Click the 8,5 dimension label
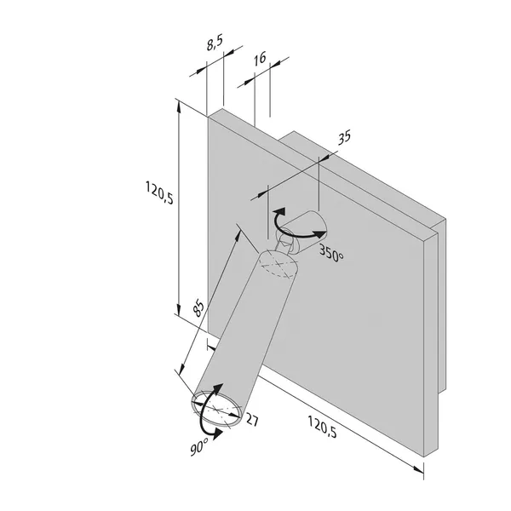[x=215, y=43]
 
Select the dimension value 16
[x=260, y=58]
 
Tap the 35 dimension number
[x=344, y=137]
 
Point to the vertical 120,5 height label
[x=159, y=193]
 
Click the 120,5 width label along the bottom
[x=322, y=427]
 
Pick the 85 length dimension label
[x=198, y=308]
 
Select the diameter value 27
[x=252, y=419]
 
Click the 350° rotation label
[x=331, y=253]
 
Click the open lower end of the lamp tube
[x=216, y=409]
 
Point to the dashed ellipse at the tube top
[x=278, y=264]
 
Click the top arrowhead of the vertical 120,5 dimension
[x=178, y=107]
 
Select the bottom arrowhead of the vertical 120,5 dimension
[x=178, y=308]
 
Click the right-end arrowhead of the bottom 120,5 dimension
[x=418, y=469]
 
